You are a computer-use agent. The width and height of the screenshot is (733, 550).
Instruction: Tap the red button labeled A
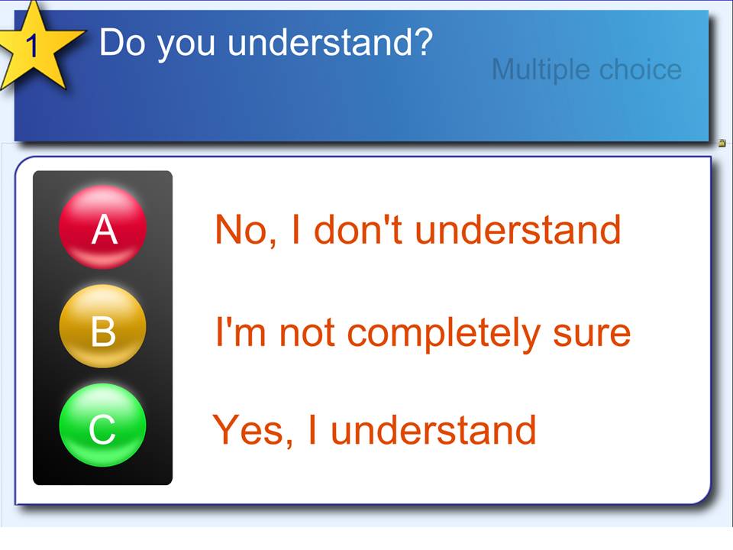pos(103,228)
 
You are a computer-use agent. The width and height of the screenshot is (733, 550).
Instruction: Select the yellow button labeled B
pos(103,326)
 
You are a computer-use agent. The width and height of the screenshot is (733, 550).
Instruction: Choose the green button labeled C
pos(103,425)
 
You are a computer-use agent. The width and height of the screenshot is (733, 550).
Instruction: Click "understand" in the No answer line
pos(518,229)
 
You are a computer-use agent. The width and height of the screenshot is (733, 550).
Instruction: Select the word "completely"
pos(444,334)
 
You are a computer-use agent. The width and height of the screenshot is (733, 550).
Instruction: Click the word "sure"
pos(592,335)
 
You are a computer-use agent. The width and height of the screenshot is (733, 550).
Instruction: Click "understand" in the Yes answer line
pos(434,429)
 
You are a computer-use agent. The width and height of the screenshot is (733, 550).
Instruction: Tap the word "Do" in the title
pos(122,42)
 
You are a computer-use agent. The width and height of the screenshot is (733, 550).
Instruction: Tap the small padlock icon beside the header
pos(722,143)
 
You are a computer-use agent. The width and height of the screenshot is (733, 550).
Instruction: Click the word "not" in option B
pos(307,333)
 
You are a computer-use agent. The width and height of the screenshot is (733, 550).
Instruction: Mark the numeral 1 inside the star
pos(31,47)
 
